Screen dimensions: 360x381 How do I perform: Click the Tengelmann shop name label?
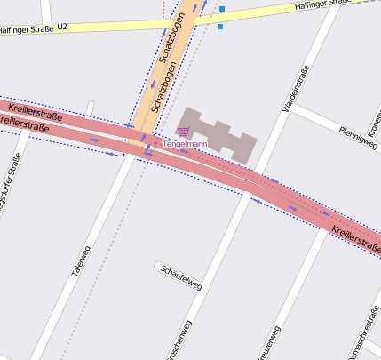pos(185,144)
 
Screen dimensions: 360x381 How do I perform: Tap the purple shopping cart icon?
pos(184,132)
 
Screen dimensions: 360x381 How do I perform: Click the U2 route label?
pos(62,28)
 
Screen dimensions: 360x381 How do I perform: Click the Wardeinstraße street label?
pos(295,89)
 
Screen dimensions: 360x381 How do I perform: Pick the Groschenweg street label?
pos(179,341)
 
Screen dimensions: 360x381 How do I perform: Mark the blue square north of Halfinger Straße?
pos(221,10)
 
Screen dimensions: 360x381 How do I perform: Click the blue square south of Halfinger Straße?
pos(219,27)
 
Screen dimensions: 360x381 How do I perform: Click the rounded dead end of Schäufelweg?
pos(159,266)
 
